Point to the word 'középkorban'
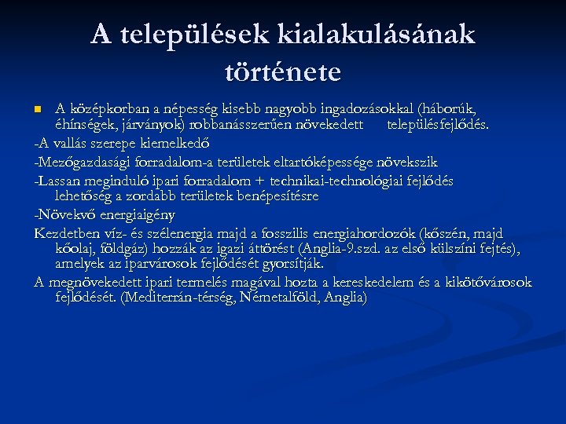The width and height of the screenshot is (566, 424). pyautogui.click(x=102, y=108)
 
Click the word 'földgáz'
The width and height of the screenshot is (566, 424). pyautogui.click(x=117, y=248)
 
